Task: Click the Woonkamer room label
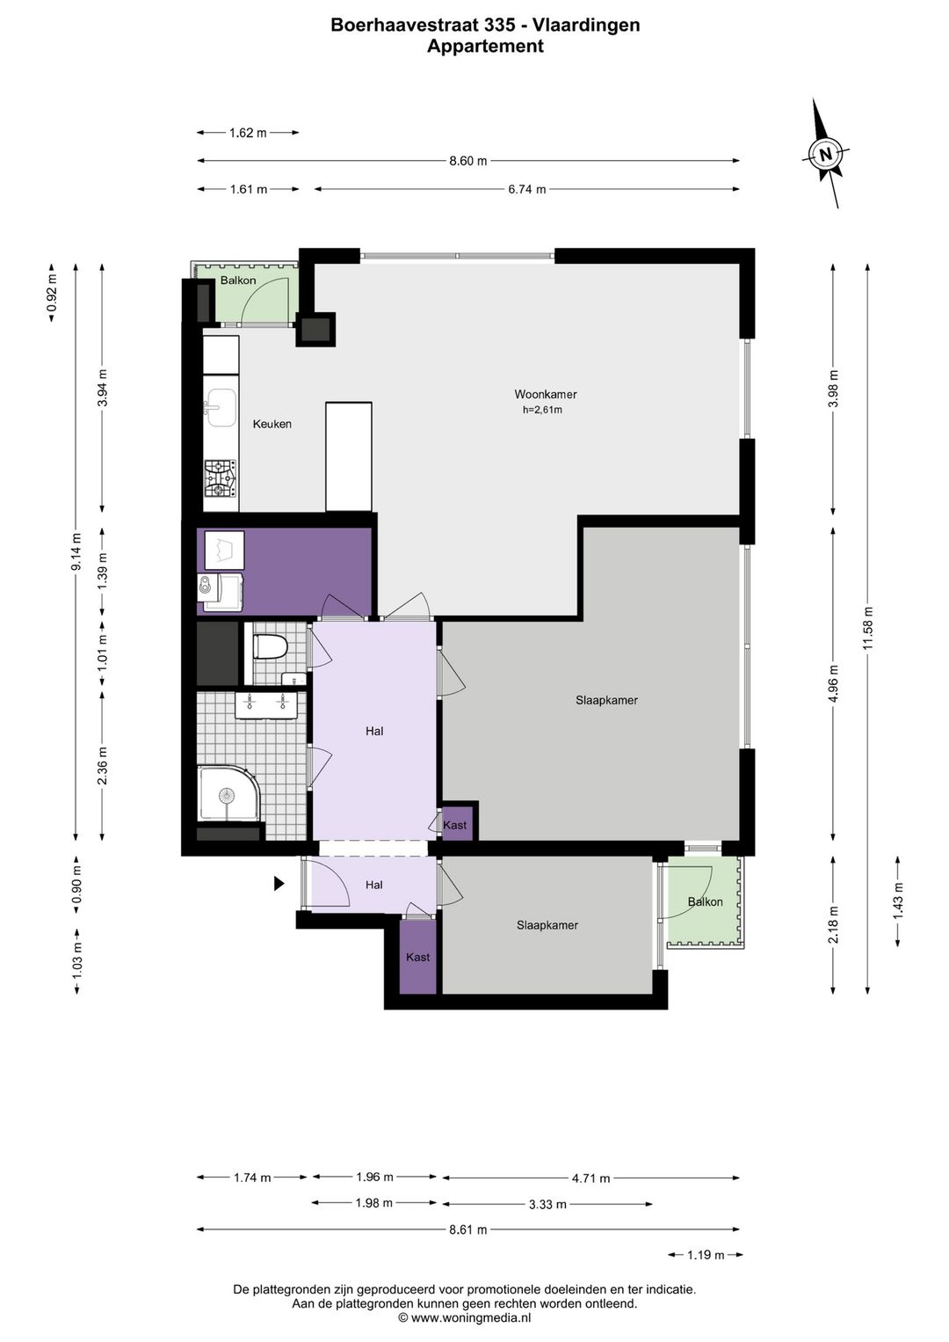pyautogui.click(x=546, y=394)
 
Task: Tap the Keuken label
pyautogui.click(x=272, y=424)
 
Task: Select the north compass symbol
pyautogui.click(x=826, y=153)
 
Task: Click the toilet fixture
pyautogui.click(x=271, y=646)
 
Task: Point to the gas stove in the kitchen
pyautogui.click(x=221, y=478)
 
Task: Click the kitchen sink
pyautogui.click(x=221, y=407)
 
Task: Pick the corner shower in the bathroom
pyautogui.click(x=228, y=794)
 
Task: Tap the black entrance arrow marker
pyautogui.click(x=279, y=883)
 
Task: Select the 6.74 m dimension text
pyautogui.click(x=527, y=189)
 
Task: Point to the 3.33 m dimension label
pyautogui.click(x=547, y=1204)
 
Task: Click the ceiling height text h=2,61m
pyautogui.click(x=542, y=411)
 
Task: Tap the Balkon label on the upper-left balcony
pyautogui.click(x=238, y=281)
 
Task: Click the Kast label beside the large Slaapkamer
pyautogui.click(x=454, y=825)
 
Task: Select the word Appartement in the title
pyautogui.click(x=485, y=46)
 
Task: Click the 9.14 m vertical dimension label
pyautogui.click(x=76, y=551)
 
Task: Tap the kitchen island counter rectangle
pyautogui.click(x=349, y=456)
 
